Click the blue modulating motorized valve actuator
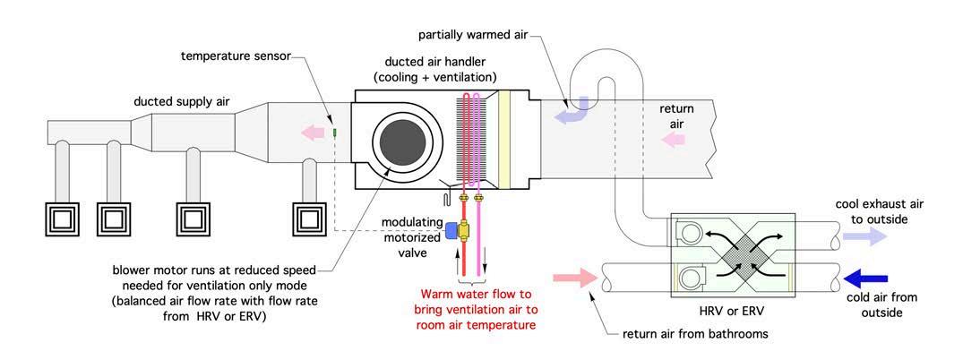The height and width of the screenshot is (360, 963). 451,231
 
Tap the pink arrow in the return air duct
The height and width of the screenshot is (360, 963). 674,139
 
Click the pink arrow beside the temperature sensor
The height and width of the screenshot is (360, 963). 312,132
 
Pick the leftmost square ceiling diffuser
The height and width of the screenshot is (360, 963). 63,219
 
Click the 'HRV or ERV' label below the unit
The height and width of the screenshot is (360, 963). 733,313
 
